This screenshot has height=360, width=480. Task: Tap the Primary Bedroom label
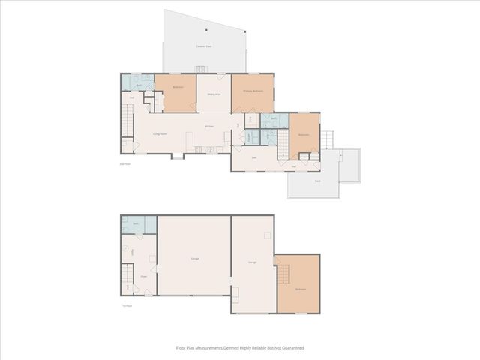click(x=252, y=90)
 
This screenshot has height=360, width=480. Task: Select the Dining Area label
click(x=214, y=94)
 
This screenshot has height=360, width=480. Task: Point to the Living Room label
click(x=160, y=133)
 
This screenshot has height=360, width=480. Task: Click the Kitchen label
click(x=210, y=126)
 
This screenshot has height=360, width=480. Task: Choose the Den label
click(x=254, y=157)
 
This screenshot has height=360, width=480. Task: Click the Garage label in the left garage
click(x=194, y=258)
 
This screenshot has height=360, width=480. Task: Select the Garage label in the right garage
click(x=253, y=262)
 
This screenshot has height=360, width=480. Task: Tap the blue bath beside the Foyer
click(x=139, y=223)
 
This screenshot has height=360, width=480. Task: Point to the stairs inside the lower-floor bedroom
click(x=283, y=274)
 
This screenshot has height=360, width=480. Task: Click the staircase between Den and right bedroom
click(x=283, y=143)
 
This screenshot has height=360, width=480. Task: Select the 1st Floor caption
click(x=127, y=305)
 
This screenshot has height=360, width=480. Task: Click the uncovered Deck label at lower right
click(x=317, y=181)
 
